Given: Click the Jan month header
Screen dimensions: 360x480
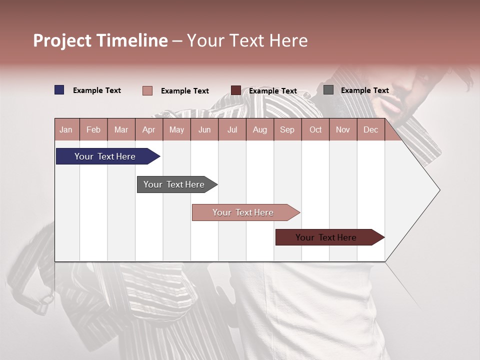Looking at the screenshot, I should coord(66,129).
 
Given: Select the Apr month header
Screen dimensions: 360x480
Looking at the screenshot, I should coord(149,129).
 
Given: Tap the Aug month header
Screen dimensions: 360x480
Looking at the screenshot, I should coord(260,129).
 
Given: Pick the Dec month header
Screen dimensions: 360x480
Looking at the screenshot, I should coord(370,129).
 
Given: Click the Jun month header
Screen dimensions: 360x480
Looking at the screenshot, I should coord(204,129).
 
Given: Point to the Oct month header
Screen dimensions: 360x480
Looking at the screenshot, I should coord(315,129).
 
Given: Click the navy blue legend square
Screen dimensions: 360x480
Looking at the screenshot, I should coord(59,90).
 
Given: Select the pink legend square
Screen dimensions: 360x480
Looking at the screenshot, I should coord(147,90).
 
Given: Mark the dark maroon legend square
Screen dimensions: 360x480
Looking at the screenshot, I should coord(236,90).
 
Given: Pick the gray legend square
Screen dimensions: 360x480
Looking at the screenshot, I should coord(328,90).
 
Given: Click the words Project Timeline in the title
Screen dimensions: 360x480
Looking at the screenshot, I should coord(100,40).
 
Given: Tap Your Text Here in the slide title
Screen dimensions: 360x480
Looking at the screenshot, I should coord(247,40).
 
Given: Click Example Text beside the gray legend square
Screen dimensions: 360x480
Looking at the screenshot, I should coord(364,90).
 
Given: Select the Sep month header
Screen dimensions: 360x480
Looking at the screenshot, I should coord(287,129).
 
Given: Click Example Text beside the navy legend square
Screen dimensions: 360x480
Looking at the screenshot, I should coord(97,90).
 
